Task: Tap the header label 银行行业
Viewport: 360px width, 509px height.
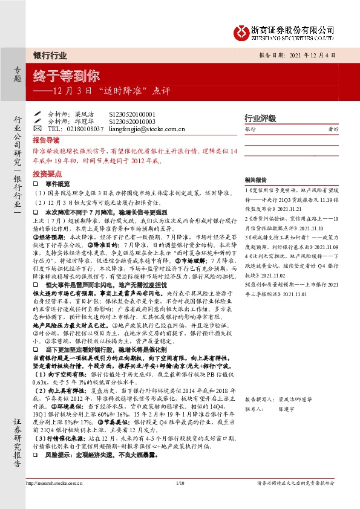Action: [50, 55]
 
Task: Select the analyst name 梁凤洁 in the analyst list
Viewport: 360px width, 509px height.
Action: [83, 114]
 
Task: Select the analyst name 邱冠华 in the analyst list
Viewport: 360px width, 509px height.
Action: [83, 121]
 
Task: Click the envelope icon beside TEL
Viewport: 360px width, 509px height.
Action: [37, 129]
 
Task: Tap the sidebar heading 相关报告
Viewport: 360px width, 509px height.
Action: [255, 180]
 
